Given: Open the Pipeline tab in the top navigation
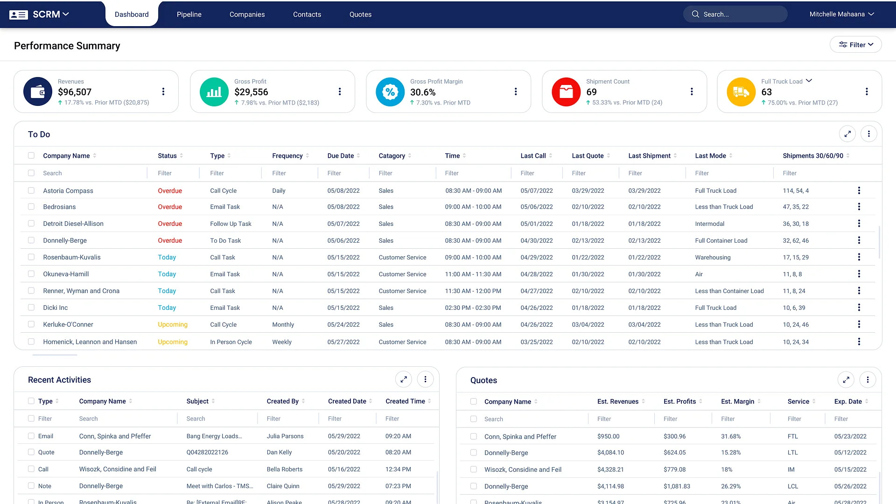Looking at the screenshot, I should pos(189,14).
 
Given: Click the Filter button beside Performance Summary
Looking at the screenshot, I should pos(855,45).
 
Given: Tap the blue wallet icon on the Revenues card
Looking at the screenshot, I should pos(38,91).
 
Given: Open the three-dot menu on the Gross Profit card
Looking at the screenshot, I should pos(340,91).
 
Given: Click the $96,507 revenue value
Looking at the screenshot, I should pos(75,92).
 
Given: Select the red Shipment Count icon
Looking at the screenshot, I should pos(566,91).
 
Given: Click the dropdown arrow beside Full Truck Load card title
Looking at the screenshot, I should pos(809,81).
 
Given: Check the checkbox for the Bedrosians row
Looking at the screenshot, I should pos(31,207).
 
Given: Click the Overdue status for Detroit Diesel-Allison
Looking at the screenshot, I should pos(170,224).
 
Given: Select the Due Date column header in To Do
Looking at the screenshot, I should pos(341,156).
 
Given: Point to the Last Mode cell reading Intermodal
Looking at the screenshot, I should pos(709,224).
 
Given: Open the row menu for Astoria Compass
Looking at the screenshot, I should pos(859,190).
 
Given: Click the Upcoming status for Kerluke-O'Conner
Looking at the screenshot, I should pos(173,324).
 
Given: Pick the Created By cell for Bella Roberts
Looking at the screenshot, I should pos(285,469).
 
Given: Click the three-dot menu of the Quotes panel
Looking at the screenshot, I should pos(868,380).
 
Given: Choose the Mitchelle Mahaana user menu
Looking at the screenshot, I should pos(841,14).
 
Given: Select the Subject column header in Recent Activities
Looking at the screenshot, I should pos(197,401).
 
